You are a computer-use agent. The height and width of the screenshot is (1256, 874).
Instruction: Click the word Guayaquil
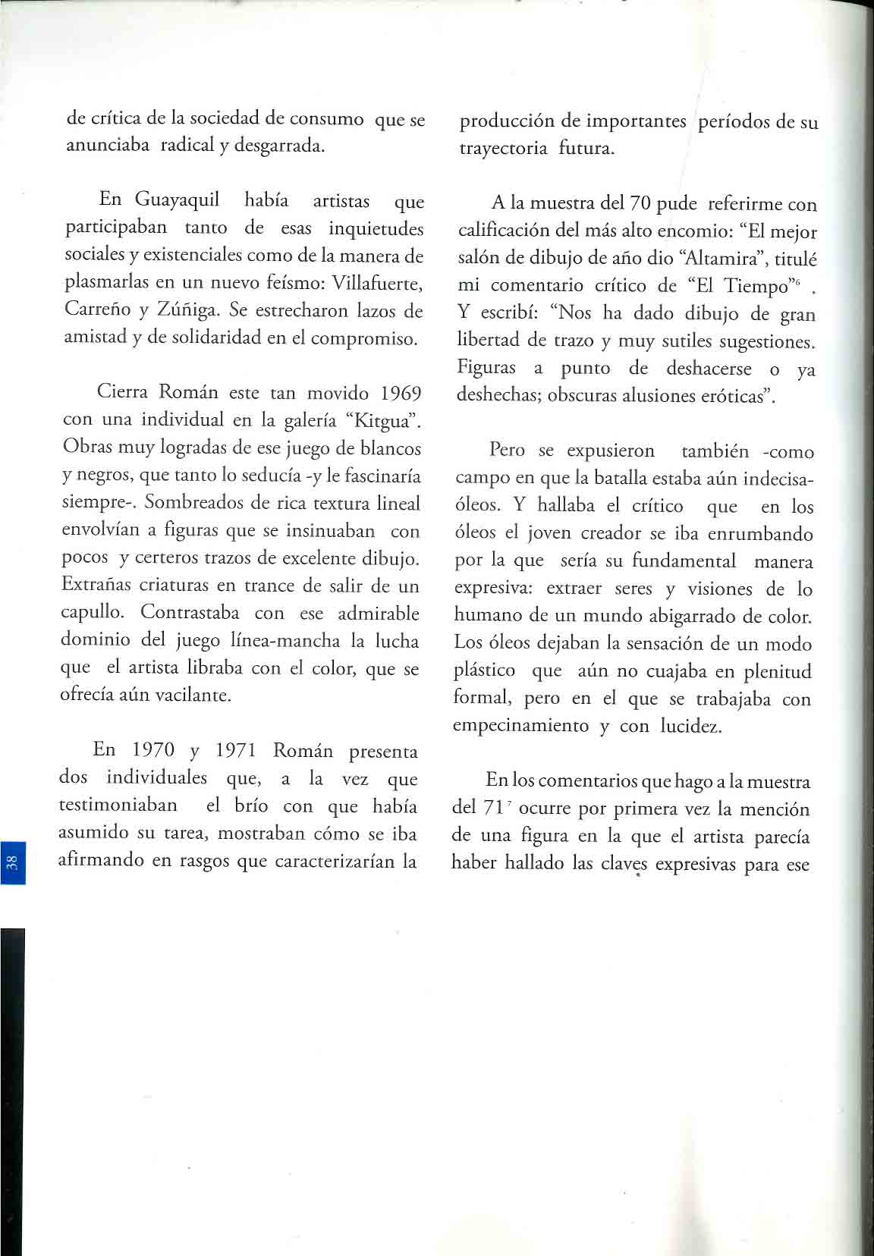[x=177, y=200]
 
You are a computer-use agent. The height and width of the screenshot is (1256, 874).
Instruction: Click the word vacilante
[x=193, y=695]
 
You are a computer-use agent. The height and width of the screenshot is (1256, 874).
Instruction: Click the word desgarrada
[x=279, y=146]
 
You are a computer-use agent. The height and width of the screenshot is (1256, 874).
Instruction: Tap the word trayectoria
[x=503, y=148]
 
